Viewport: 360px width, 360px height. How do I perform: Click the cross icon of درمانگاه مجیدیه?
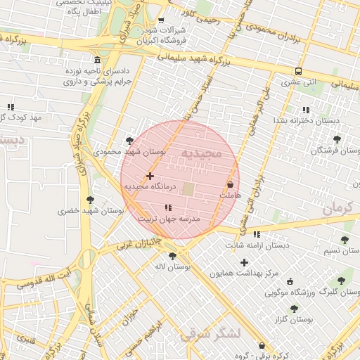click(x=150, y=176)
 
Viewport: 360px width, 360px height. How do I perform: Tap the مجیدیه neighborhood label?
click(x=201, y=153)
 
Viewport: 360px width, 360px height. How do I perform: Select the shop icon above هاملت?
click(x=230, y=184)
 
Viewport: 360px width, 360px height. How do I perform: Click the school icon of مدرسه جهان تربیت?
click(x=168, y=207)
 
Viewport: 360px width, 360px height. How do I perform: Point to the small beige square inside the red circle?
click(x=188, y=189)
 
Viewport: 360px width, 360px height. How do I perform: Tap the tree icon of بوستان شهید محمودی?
click(x=129, y=141)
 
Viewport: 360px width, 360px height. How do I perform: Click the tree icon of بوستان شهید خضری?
click(x=91, y=200)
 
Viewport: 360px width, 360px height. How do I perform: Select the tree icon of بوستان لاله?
click(x=172, y=256)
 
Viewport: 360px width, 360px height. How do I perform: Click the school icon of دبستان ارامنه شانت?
click(x=257, y=234)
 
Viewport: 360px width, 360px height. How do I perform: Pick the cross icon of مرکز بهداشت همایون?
click(x=244, y=262)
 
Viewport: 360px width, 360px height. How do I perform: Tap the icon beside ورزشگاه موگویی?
click(x=290, y=281)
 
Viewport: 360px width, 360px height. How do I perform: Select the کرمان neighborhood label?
click(x=337, y=209)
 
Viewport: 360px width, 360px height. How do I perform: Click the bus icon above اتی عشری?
click(x=299, y=71)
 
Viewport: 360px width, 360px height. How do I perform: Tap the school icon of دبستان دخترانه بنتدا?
click(x=305, y=110)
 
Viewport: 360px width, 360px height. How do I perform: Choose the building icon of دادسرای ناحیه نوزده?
click(x=96, y=60)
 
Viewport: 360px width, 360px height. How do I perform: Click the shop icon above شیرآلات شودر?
click(x=161, y=20)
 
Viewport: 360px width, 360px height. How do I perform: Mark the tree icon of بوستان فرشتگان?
click(x=337, y=139)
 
